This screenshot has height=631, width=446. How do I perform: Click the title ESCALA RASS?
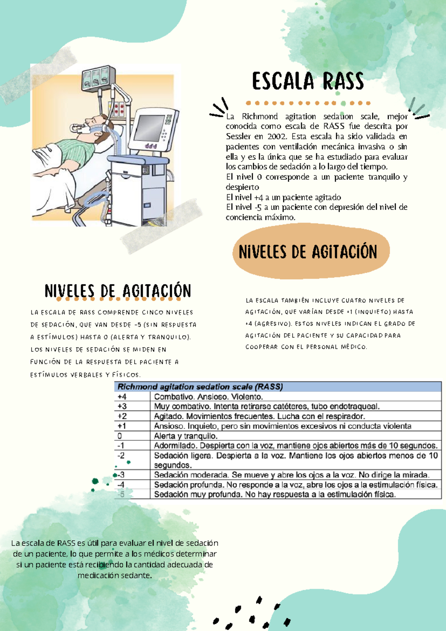pyautogui.click(x=308, y=82)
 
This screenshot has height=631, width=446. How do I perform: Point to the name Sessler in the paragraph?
pyautogui.click(x=238, y=136)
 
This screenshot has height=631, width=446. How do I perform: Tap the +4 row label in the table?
pyautogui.click(x=122, y=397)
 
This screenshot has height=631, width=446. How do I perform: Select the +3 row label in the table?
pyautogui.click(x=122, y=407)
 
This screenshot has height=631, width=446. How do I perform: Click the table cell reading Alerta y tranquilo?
pyautogui.click(x=186, y=436)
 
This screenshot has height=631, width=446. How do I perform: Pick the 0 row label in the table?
pyautogui.click(x=120, y=436)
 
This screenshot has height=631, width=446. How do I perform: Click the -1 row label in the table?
pyautogui.click(x=121, y=446)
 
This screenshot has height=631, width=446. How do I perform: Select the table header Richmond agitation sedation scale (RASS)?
pyautogui.click(x=200, y=387)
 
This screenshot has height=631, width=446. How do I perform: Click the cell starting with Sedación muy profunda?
pyautogui.click(x=275, y=495)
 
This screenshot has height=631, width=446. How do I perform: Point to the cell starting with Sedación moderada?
pyautogui.click(x=292, y=475)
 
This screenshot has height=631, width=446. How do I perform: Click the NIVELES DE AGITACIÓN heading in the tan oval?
pyautogui.click(x=308, y=252)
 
